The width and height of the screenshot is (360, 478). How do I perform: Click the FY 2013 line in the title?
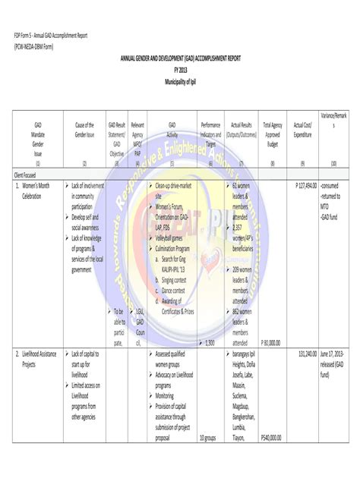pyautogui.click(x=180, y=68)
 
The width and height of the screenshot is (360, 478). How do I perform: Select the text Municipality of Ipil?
pyautogui.click(x=180, y=80)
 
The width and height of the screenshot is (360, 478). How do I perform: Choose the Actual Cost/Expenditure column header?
pyautogui.click(x=303, y=129)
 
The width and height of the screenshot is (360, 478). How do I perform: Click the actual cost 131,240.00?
pyautogui.click(x=307, y=354)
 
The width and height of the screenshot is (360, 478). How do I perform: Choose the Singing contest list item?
pyautogui.click(x=179, y=279)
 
